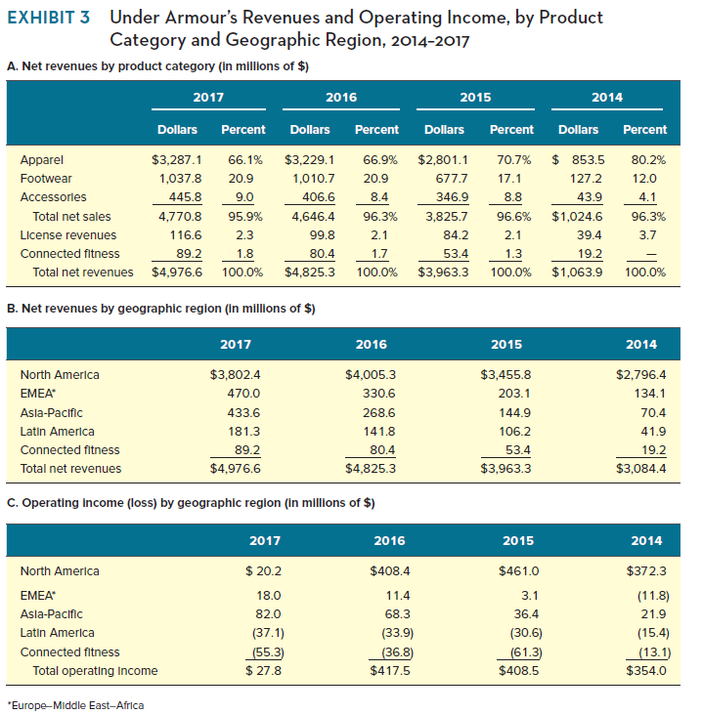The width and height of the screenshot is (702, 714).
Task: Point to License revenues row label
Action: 67,234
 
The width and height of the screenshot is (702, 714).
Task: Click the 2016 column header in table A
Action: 341,98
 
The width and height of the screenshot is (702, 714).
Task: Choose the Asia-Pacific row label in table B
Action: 51,412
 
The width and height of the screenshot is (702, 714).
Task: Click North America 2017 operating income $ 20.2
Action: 260,571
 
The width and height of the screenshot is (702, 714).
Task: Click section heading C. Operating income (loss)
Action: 191,503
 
